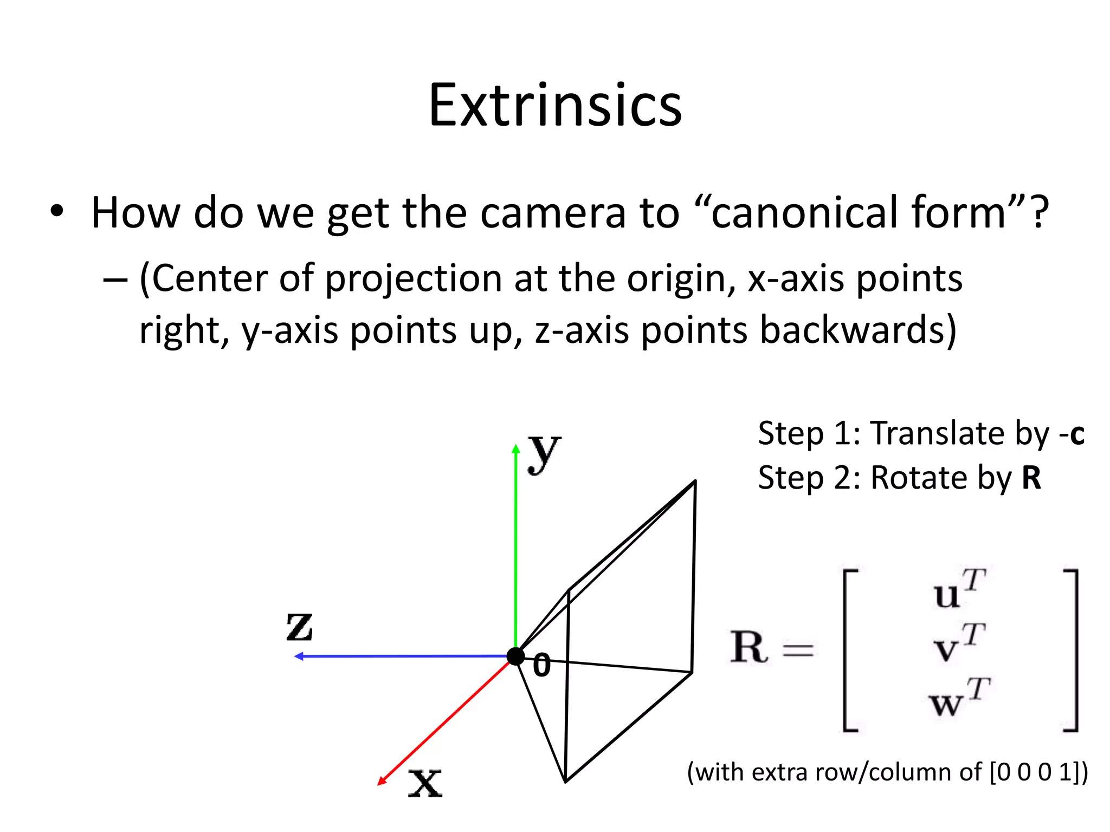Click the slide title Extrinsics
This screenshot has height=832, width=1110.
555,106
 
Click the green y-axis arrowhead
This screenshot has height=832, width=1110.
516,448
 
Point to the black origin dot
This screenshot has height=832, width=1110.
516,656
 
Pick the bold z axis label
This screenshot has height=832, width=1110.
300,627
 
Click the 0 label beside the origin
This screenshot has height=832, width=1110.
541,666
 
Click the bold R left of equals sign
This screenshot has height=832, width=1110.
748,647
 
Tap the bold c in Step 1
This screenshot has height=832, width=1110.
1076,434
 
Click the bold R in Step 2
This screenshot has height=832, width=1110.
1031,478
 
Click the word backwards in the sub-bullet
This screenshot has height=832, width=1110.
852,330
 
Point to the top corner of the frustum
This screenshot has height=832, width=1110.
695,481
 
